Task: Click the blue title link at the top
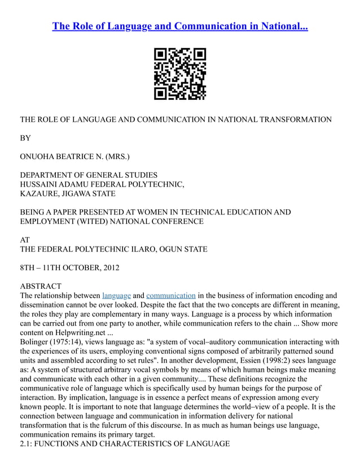click(180, 27)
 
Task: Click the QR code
click(180, 74)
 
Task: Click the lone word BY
click(25, 138)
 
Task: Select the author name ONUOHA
click(38, 156)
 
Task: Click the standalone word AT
click(25, 240)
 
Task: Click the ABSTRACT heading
click(41, 286)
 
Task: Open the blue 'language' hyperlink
click(117, 296)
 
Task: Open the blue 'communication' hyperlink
click(171, 296)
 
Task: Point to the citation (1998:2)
click(275, 360)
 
